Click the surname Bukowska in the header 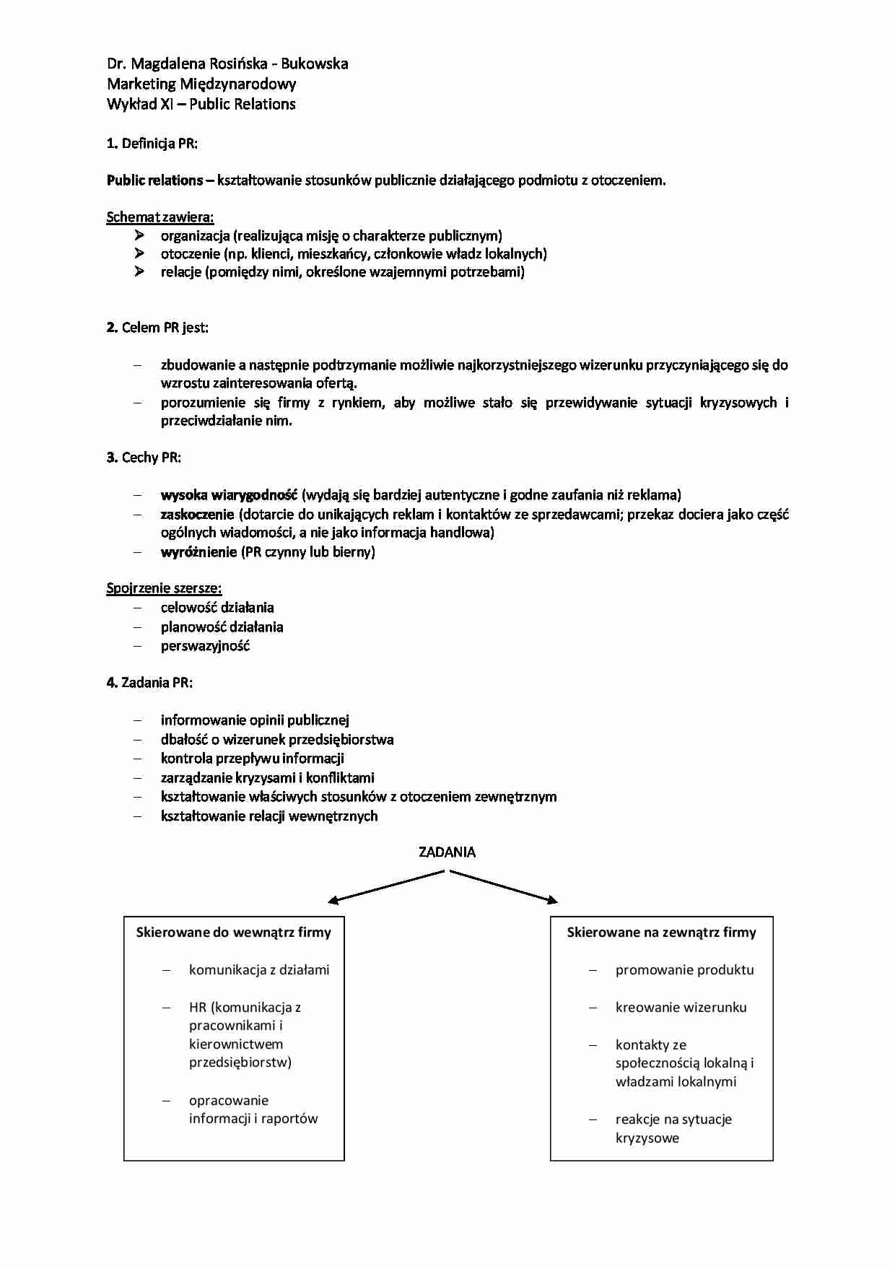(x=314, y=64)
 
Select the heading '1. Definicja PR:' (x=152, y=143)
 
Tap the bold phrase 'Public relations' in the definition (x=154, y=180)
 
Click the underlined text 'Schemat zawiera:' (x=160, y=217)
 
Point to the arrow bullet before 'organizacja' (x=139, y=235)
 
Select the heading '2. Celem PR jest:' (x=157, y=328)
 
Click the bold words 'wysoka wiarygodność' (x=229, y=495)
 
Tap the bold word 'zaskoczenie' (x=197, y=515)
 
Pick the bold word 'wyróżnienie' (x=198, y=552)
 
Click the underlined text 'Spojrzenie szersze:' (x=164, y=588)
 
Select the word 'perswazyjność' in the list (x=205, y=646)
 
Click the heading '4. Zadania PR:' (x=150, y=683)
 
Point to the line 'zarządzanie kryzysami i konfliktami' (x=267, y=778)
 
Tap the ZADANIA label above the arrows (x=447, y=852)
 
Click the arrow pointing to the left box (x=385, y=887)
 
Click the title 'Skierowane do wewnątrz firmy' (x=233, y=933)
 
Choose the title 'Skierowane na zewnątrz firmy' (x=661, y=933)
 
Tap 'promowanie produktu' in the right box (x=684, y=970)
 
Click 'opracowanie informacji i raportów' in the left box (x=253, y=1109)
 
